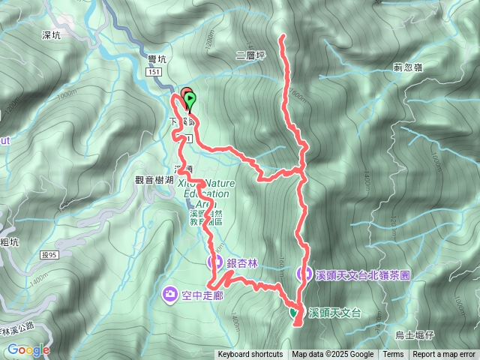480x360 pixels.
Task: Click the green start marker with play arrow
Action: coord(189,98)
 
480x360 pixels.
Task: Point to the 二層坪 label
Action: coord(250,55)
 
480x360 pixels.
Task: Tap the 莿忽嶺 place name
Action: coord(408,67)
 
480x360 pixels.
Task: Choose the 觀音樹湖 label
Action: coord(154,179)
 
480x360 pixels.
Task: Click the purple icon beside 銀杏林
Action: coord(214,262)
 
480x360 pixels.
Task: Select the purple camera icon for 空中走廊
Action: coord(170,292)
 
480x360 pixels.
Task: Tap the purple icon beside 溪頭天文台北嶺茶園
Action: coord(304,274)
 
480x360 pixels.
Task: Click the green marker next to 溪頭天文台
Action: coord(293,312)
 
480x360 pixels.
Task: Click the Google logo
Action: coord(28,349)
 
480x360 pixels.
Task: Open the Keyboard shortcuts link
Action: coord(250,355)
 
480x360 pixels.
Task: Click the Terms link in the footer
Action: coord(393,355)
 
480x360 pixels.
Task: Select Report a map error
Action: coord(444,355)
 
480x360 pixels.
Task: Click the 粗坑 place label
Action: coord(10,241)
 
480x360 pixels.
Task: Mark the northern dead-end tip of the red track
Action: coord(282,36)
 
